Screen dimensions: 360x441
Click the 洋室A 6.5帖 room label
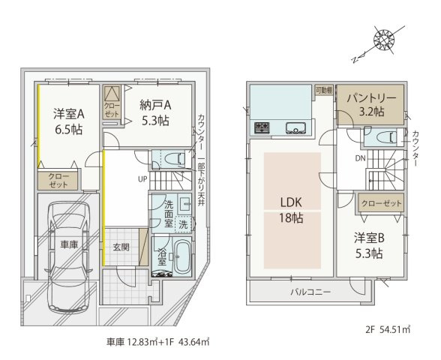(67, 121)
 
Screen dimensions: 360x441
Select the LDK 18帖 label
(292, 210)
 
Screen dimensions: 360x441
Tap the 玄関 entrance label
(121, 247)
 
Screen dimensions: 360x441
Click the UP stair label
(141, 179)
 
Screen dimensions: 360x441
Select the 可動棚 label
(323, 88)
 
